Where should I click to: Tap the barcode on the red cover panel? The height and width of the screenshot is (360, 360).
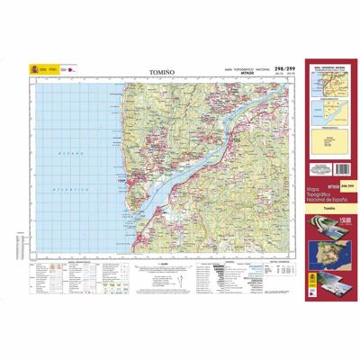[x=321, y=169]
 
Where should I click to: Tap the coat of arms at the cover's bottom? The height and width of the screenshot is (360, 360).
[x=313, y=280]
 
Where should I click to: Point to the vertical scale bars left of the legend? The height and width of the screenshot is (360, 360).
[x=19, y=247]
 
